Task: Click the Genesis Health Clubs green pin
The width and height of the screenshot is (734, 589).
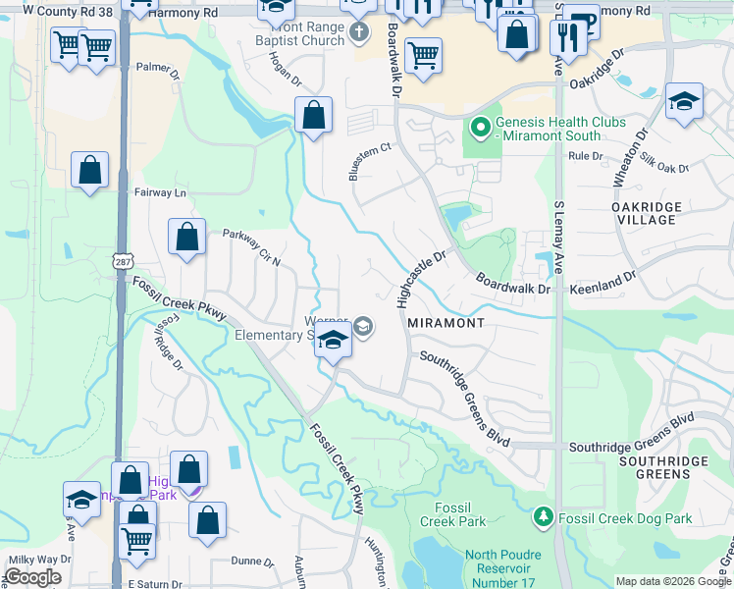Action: tap(480, 127)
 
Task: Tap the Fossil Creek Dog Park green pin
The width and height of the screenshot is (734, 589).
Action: tap(544, 516)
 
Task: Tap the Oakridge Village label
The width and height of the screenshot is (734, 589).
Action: tap(644, 213)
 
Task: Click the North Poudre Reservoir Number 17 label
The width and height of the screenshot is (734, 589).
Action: tap(502, 567)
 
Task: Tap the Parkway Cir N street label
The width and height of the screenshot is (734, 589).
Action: tap(251, 248)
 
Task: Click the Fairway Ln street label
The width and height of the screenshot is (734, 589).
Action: tap(159, 192)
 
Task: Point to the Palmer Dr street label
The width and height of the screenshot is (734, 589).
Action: tap(159, 72)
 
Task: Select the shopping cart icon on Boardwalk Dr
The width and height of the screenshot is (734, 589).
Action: tap(423, 56)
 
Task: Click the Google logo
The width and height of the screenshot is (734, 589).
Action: tap(31, 577)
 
